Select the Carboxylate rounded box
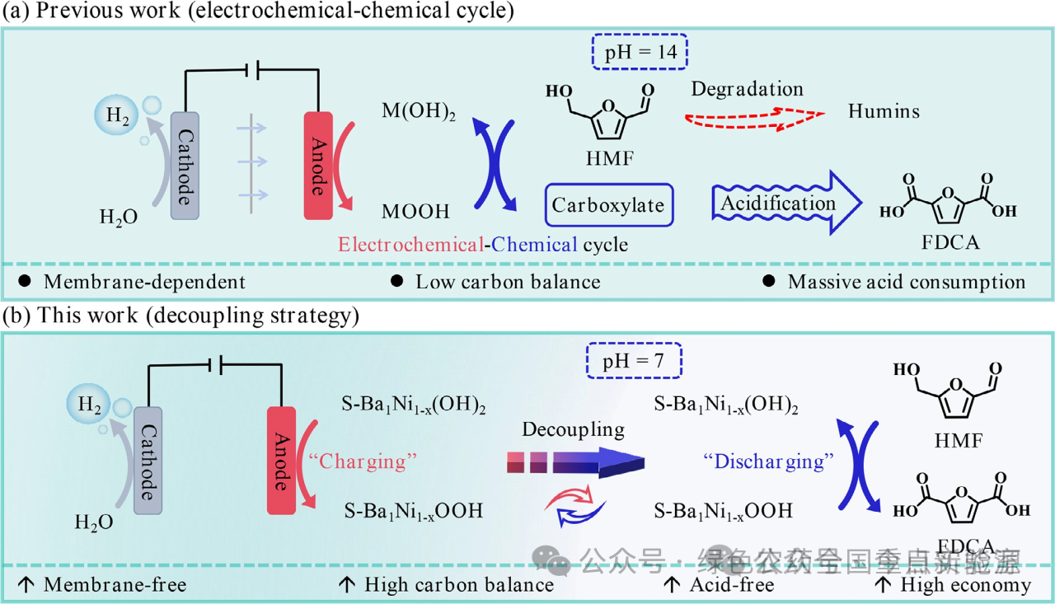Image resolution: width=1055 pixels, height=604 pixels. (609, 205)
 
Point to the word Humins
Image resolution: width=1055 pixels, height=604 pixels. (884, 110)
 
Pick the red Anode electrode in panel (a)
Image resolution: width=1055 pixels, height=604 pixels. (318, 165)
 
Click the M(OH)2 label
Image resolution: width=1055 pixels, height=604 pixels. (419, 111)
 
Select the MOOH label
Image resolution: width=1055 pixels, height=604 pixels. (415, 212)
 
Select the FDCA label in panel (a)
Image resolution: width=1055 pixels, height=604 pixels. (946, 244)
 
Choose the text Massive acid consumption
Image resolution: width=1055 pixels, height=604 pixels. (907, 282)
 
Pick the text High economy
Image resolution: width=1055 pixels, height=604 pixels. (965, 585)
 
